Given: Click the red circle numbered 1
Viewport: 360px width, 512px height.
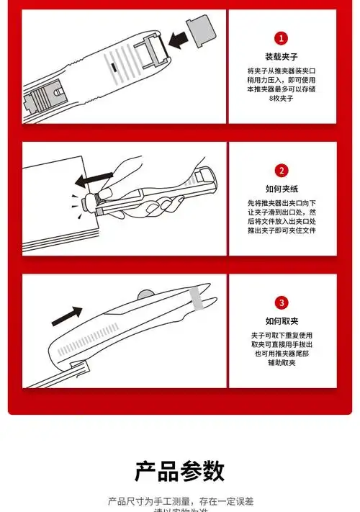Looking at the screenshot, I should (x=282, y=38).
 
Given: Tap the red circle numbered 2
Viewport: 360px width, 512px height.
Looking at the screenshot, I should (x=282, y=171).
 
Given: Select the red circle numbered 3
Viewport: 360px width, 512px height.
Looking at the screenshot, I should (x=282, y=302).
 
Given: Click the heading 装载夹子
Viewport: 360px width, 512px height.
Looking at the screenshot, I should (x=282, y=56).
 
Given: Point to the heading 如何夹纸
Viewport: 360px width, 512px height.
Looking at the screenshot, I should (x=282, y=189).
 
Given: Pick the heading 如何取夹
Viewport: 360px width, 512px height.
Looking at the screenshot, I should (x=282, y=320).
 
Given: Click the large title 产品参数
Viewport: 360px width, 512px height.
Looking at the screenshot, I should (x=180, y=471).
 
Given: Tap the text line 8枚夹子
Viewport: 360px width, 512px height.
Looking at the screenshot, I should (x=282, y=97).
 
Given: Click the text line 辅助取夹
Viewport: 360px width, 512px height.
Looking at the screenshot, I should (x=282, y=364).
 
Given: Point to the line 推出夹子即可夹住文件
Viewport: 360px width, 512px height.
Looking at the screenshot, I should (x=282, y=230).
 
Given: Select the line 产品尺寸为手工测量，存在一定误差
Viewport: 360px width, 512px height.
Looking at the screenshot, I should (x=180, y=501).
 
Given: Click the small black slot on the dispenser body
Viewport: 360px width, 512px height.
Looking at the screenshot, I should (x=114, y=68).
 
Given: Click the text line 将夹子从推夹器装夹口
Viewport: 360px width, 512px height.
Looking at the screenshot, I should (x=282, y=71).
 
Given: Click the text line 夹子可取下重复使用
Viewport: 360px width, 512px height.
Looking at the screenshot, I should (x=282, y=336).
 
